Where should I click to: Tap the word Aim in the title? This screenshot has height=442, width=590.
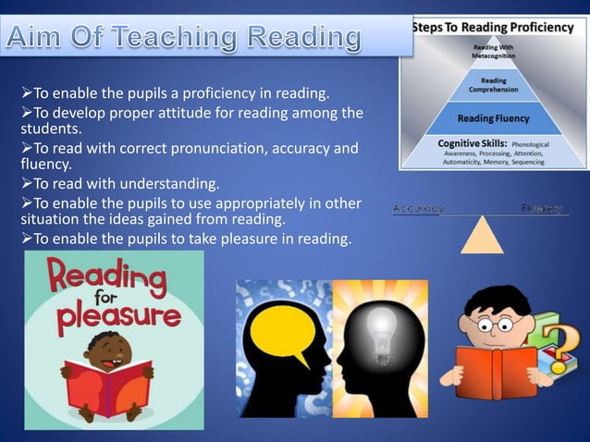43,39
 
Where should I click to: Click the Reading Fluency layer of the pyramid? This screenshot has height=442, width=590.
493,118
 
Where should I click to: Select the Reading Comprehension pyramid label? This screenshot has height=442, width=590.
493,86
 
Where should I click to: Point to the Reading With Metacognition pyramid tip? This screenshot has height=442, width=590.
493,52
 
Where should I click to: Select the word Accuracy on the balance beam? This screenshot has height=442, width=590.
418,209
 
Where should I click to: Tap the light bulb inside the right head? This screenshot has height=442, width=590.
379,324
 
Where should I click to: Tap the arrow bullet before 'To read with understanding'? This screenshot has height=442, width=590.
27,182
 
